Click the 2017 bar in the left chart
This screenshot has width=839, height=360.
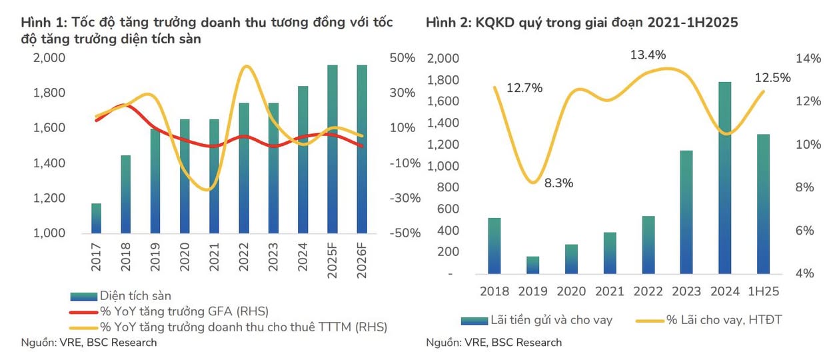(x=96, y=219)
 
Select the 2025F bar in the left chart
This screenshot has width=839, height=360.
(x=333, y=149)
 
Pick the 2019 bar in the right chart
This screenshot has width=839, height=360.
(x=532, y=265)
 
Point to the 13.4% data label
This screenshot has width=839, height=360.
(x=648, y=55)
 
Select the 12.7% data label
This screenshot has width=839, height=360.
(x=524, y=87)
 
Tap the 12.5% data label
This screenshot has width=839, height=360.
(x=772, y=78)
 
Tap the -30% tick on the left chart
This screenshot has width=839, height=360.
(x=401, y=198)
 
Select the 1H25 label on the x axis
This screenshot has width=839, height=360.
(x=764, y=291)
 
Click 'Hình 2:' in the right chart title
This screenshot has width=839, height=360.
(x=447, y=23)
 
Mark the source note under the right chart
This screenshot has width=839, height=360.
(x=493, y=343)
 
